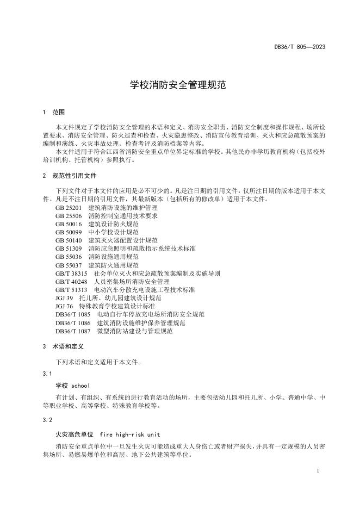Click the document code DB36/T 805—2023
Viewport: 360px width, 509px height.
300,47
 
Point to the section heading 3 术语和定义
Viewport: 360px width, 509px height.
65,346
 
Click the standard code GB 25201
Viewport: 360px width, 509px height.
68,207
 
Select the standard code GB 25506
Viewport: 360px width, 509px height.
68,215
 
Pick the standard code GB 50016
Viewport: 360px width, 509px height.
68,224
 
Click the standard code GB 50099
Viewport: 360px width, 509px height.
68,232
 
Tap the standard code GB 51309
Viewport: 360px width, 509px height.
68,248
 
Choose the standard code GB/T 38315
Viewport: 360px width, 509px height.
71,273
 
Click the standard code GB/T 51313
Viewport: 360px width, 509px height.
71,289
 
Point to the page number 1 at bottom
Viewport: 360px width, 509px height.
317,470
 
